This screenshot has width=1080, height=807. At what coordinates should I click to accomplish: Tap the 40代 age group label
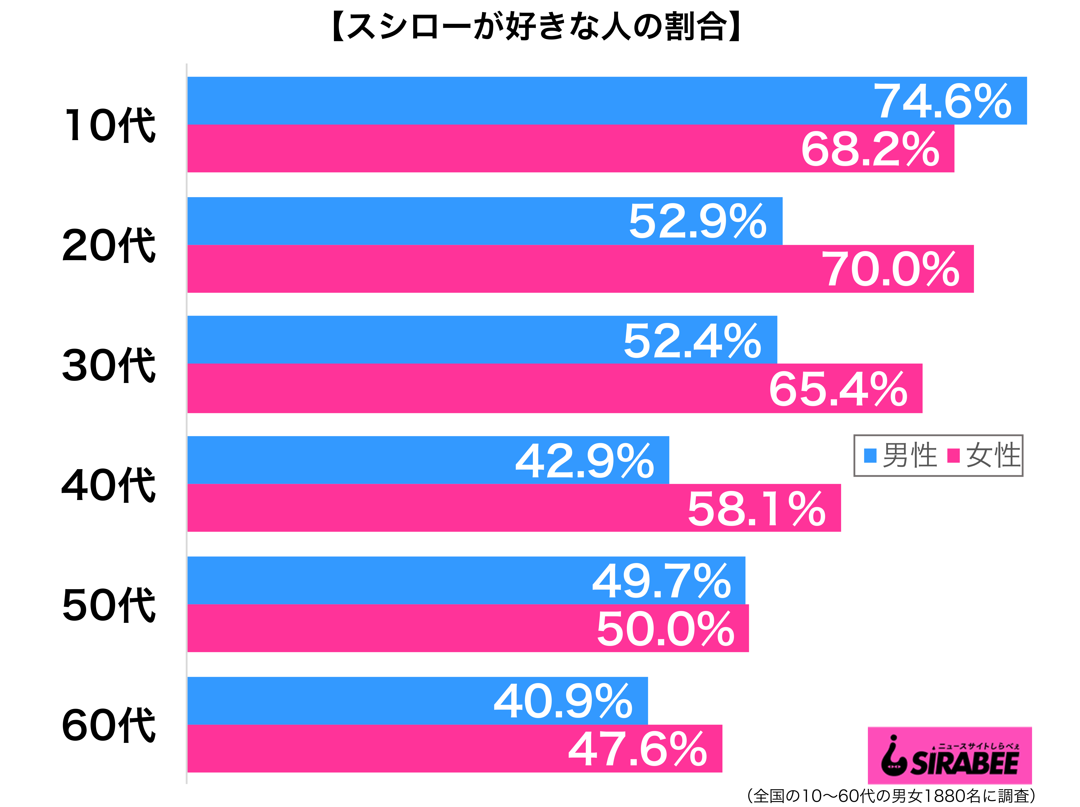point(108,486)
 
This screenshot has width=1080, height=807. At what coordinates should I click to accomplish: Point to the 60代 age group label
point(108,726)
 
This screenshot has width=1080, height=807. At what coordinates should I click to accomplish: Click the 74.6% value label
point(942,101)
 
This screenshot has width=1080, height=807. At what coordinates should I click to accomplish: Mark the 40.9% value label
point(563,701)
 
